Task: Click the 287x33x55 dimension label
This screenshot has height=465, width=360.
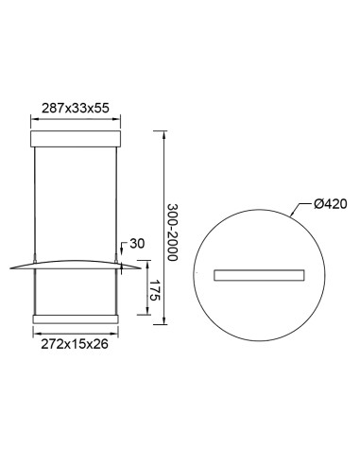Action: (x=76, y=108)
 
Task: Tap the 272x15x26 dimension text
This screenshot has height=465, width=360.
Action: (x=75, y=344)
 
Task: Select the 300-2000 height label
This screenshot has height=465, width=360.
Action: (x=172, y=232)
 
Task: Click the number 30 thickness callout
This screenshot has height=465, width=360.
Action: (x=137, y=244)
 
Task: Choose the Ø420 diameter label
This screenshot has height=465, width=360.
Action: (x=331, y=204)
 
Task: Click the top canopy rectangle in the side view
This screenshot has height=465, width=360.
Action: (x=76, y=139)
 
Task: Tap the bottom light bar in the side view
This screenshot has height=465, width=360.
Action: (x=76, y=319)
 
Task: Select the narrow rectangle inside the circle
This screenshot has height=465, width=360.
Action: (x=259, y=275)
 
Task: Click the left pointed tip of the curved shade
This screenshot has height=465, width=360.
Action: (x=10, y=268)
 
